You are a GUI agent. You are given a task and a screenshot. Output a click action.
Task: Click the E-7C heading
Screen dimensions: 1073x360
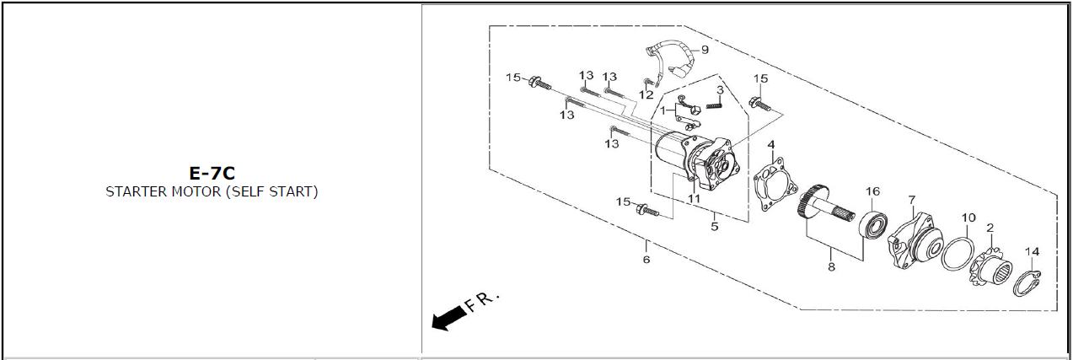pyautogui.click(x=212, y=173)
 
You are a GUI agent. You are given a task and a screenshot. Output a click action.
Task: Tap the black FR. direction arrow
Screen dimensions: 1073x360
pyautogui.click(x=449, y=319)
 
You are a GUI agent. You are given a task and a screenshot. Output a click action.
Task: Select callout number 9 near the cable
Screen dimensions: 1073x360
pyautogui.click(x=705, y=50)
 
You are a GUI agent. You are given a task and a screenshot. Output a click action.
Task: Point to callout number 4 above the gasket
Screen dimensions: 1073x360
pyautogui.click(x=770, y=144)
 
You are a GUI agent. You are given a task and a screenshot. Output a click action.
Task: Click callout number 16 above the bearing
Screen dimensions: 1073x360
pyautogui.click(x=872, y=191)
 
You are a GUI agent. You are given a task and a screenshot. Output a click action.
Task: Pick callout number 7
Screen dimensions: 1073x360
pyautogui.click(x=911, y=200)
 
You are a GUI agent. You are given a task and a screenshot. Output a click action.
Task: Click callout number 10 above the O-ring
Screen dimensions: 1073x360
pyautogui.click(x=968, y=218)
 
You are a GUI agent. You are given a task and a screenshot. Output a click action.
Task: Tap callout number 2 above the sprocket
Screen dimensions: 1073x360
pyautogui.click(x=990, y=228)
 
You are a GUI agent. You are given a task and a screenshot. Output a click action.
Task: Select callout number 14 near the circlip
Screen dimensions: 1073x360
pyautogui.click(x=1033, y=251)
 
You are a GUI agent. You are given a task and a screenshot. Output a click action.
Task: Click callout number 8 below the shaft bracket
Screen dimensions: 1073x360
pyautogui.click(x=831, y=266)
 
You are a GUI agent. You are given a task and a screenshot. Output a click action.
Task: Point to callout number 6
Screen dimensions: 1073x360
pyautogui.click(x=646, y=260)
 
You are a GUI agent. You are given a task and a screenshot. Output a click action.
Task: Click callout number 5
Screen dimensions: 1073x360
pyautogui.click(x=714, y=226)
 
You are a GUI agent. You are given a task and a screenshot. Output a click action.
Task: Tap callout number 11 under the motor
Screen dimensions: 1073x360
pyautogui.click(x=694, y=198)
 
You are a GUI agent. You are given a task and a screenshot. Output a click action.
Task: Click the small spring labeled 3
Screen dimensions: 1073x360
pyautogui.click(x=714, y=105)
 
